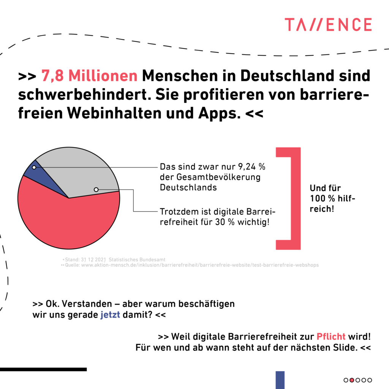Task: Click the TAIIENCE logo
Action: pos(328,25)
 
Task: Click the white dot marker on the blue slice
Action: pos(34,167)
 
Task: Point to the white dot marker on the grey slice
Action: pos(96,189)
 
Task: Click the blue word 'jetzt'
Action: pos(110,315)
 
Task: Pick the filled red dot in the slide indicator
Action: pos(352,380)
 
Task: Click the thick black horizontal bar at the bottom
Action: pos(43,369)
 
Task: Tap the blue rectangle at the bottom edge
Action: pos(280,380)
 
